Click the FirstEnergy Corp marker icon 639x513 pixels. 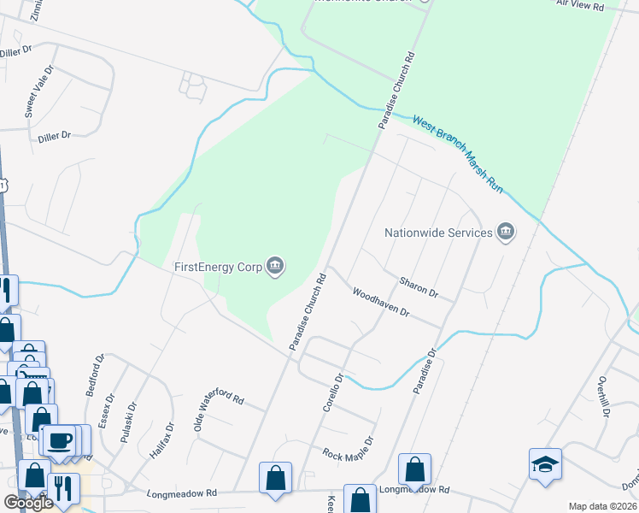[x=275, y=267]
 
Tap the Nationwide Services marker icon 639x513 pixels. [x=506, y=232]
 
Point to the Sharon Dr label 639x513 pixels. [x=419, y=287]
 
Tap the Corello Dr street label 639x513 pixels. [x=332, y=392]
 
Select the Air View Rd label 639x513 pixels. [x=580, y=5]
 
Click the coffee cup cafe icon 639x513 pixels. [x=59, y=440]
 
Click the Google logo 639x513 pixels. [x=28, y=503]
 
